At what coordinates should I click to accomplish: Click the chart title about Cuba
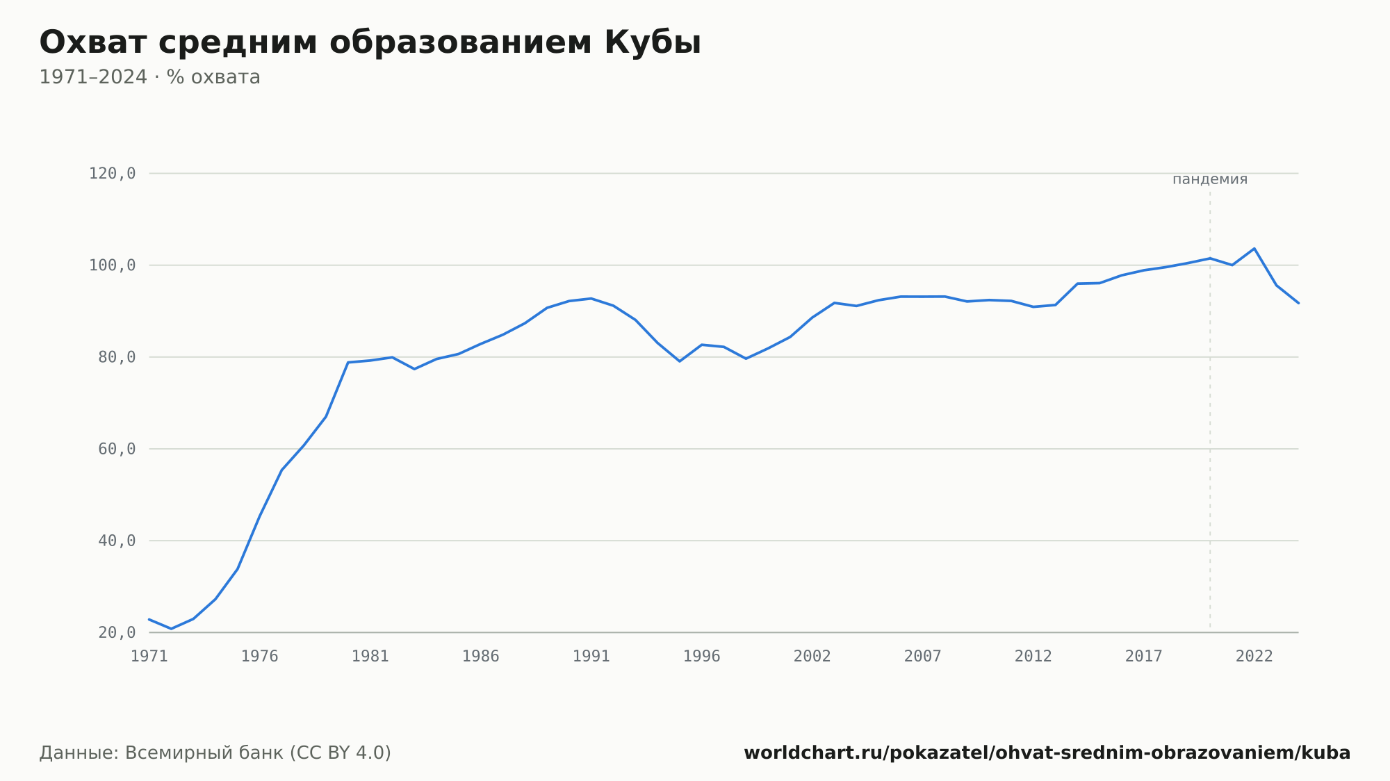click(370, 42)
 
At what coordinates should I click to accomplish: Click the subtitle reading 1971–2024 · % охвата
click(149, 77)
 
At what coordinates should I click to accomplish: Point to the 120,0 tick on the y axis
click(112, 174)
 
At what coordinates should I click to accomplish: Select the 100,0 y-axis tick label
click(112, 265)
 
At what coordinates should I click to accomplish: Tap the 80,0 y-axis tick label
click(117, 357)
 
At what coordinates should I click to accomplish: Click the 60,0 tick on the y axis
click(117, 449)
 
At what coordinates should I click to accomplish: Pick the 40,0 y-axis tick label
click(117, 541)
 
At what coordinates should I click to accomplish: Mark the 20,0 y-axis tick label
click(117, 632)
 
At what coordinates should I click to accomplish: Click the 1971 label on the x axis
click(149, 657)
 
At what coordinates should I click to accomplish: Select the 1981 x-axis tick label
click(370, 657)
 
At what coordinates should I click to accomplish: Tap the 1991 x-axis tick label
click(591, 657)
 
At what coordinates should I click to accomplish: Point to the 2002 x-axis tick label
click(812, 657)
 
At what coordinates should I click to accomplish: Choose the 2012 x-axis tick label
click(1033, 657)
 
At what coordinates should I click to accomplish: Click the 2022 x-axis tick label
click(1254, 657)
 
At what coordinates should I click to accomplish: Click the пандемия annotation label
click(1210, 179)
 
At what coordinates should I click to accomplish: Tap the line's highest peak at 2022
click(1254, 248)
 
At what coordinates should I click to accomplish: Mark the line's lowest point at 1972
click(172, 629)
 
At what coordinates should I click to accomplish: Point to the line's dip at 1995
click(680, 361)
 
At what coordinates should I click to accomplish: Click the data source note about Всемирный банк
click(215, 753)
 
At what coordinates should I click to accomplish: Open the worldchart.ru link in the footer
click(1047, 753)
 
